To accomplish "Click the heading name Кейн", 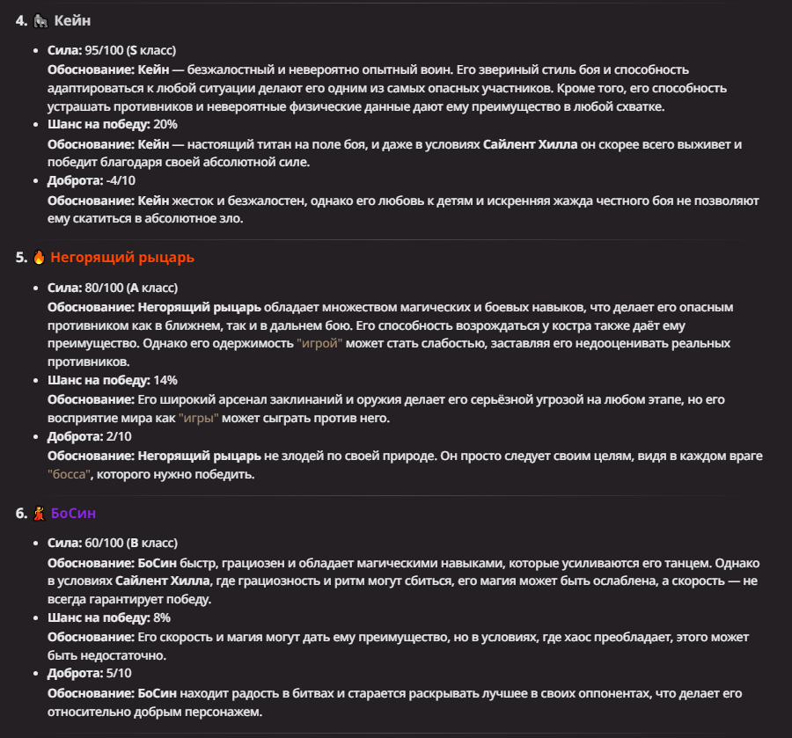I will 71,19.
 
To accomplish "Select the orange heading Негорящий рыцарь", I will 122,258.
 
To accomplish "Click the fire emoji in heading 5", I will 40,258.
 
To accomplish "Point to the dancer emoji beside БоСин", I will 40,513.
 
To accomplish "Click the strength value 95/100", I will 104,50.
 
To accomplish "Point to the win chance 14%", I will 165,380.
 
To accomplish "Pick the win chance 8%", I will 161,617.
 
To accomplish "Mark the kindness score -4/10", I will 118,181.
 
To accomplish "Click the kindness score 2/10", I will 116,436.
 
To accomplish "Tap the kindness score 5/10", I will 116,674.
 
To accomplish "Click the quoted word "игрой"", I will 319,343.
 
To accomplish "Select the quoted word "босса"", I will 70,474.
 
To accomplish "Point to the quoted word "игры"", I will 198,418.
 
